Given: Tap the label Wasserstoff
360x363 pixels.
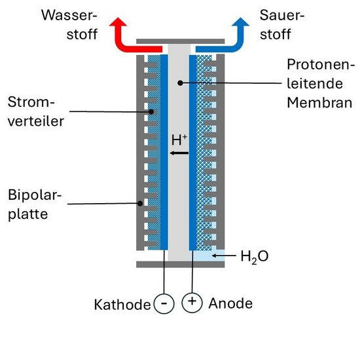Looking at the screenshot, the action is [69, 25].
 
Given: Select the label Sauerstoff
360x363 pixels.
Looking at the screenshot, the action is [282, 25].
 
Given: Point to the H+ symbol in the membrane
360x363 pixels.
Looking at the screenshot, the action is [179, 140].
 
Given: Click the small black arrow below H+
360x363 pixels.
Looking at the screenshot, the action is [179, 153].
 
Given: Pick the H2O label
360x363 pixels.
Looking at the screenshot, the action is [255, 256].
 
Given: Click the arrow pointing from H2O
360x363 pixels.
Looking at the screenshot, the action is [224, 256].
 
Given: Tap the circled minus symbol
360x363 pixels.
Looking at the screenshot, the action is [164, 303].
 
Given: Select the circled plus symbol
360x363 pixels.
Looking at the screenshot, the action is [192, 302].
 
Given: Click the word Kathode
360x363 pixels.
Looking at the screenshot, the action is [122, 304].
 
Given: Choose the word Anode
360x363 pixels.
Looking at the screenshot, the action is [230, 303].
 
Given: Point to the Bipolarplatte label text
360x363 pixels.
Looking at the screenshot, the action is [35, 204].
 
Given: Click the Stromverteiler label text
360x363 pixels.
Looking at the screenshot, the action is [35, 111].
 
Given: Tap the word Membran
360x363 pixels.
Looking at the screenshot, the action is [319, 103].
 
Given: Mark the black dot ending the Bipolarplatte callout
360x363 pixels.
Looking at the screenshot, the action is [140, 203].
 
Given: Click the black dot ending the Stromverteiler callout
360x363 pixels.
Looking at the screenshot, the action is [151, 112].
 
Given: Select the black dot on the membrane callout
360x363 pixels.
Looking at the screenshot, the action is [180, 83].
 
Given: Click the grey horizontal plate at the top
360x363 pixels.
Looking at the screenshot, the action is [181, 41].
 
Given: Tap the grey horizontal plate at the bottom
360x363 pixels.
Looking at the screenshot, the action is [181, 264].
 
